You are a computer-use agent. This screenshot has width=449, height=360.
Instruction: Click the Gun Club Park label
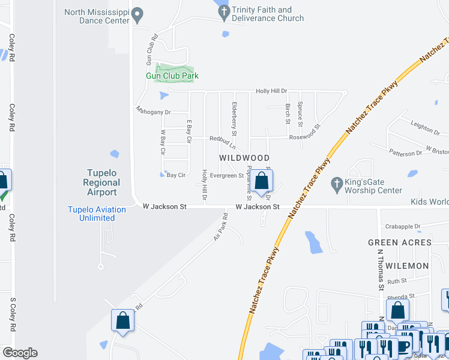pyautogui.click(x=172, y=76)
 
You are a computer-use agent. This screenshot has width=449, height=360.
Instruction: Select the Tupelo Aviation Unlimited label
pyautogui.click(x=97, y=214)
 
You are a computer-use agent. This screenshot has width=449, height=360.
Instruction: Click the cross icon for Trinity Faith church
pyautogui.click(x=224, y=11)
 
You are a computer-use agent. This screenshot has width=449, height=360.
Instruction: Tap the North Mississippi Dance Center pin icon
pyautogui.click(x=137, y=13)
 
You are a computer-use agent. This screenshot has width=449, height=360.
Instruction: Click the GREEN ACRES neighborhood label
pyautogui.click(x=400, y=242)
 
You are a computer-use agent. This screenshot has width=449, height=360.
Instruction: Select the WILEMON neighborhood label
pyautogui.click(x=408, y=265)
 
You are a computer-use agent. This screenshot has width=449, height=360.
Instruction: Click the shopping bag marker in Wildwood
pyautogui.click(x=262, y=181)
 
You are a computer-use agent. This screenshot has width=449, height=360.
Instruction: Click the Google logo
pyautogui.click(x=20, y=353)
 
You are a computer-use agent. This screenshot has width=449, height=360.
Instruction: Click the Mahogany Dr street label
pyautogui.click(x=153, y=112)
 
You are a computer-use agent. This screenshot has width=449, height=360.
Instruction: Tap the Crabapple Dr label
pyautogui.click(x=404, y=227)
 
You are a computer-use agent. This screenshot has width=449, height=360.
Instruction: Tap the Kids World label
pyautogui.click(x=430, y=202)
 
